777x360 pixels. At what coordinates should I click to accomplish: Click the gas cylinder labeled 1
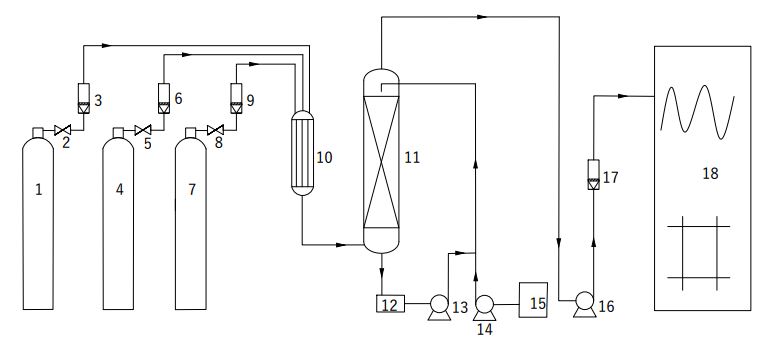pyautogui.click(x=38, y=218)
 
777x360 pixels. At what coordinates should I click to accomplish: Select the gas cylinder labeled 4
pyautogui.click(x=118, y=218)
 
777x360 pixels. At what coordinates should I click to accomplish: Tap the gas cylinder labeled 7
pyautogui.click(x=191, y=218)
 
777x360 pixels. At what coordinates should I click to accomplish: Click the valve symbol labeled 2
pyautogui.click(x=62, y=130)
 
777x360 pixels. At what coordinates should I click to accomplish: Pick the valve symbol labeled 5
pyautogui.click(x=143, y=130)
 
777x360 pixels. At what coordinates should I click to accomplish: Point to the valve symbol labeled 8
pyautogui.click(x=216, y=130)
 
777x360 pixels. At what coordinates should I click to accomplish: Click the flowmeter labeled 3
pyautogui.click(x=84, y=98)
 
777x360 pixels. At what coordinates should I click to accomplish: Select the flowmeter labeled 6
pyautogui.click(x=164, y=98)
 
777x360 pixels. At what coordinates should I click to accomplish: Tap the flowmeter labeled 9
pyautogui.click(x=236, y=98)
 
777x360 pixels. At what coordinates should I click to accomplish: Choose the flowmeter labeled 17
pyautogui.click(x=593, y=174)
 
